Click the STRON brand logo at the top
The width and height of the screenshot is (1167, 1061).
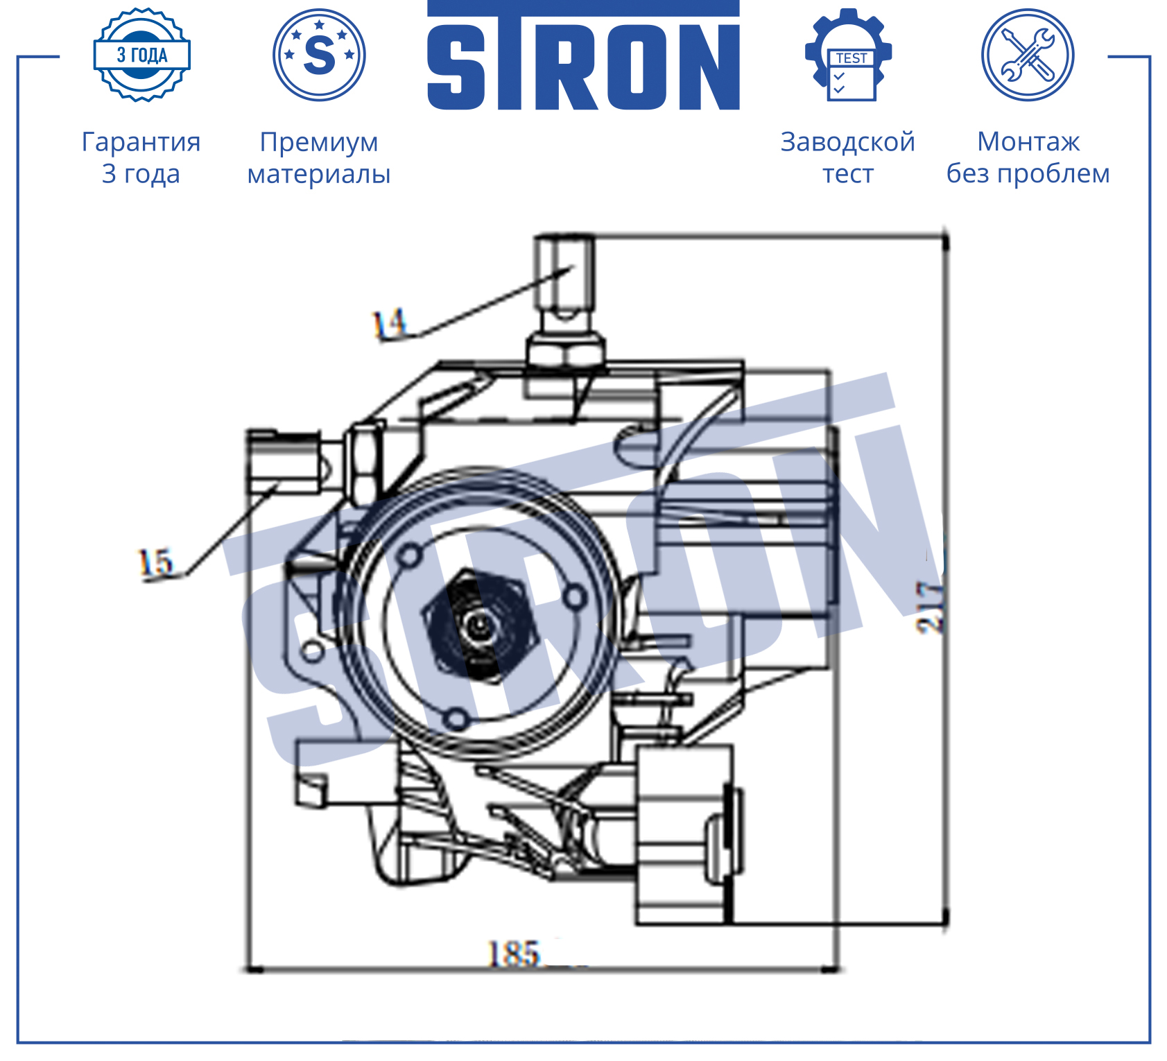[583, 55]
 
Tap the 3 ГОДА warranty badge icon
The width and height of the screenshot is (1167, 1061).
[142, 55]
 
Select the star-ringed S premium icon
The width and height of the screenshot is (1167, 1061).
[319, 55]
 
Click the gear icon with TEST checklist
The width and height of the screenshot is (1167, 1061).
[849, 55]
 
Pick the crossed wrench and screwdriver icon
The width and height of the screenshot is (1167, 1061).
[1028, 55]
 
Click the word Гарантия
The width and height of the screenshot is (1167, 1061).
[141, 142]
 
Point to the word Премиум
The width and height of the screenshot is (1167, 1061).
[319, 143]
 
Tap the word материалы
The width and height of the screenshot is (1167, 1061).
[319, 174]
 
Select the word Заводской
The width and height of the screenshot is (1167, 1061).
[848, 142]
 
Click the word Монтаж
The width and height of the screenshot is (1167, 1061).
[1028, 142]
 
